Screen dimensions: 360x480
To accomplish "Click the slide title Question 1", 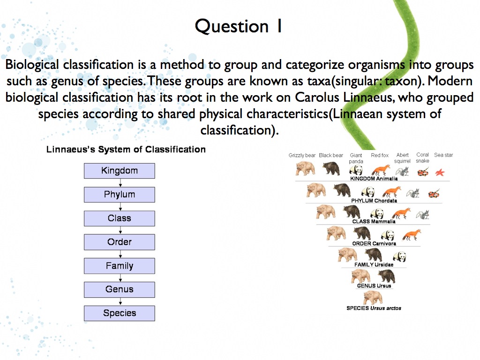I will (x=239, y=26).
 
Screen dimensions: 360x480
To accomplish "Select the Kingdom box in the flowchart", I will (x=119, y=171).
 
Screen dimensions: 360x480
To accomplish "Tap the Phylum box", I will (x=119, y=195).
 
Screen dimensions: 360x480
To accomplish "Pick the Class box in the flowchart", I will (x=119, y=218).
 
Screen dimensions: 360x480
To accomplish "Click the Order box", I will (x=119, y=242).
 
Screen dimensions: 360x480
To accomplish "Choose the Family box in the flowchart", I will (x=119, y=266).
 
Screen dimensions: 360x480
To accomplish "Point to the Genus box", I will (x=119, y=290).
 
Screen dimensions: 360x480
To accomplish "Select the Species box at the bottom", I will (x=119, y=313).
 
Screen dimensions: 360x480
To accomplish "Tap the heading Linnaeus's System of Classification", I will (x=126, y=150).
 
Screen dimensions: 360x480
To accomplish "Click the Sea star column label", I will (x=443, y=155).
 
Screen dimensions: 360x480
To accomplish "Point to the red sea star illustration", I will (x=440, y=172).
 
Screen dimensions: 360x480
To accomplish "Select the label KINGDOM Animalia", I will (x=374, y=179).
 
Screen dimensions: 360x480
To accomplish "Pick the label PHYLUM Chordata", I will (x=374, y=201).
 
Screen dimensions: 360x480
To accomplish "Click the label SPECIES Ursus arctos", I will (x=374, y=308).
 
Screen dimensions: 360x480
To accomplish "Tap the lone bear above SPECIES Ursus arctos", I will (x=373, y=297).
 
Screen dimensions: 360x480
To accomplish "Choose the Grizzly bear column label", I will (x=302, y=155).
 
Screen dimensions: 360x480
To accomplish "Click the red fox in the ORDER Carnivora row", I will (x=412, y=234).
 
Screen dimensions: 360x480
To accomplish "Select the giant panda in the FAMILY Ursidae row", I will (x=399, y=256).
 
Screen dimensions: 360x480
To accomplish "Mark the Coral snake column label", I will (x=422, y=157).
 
